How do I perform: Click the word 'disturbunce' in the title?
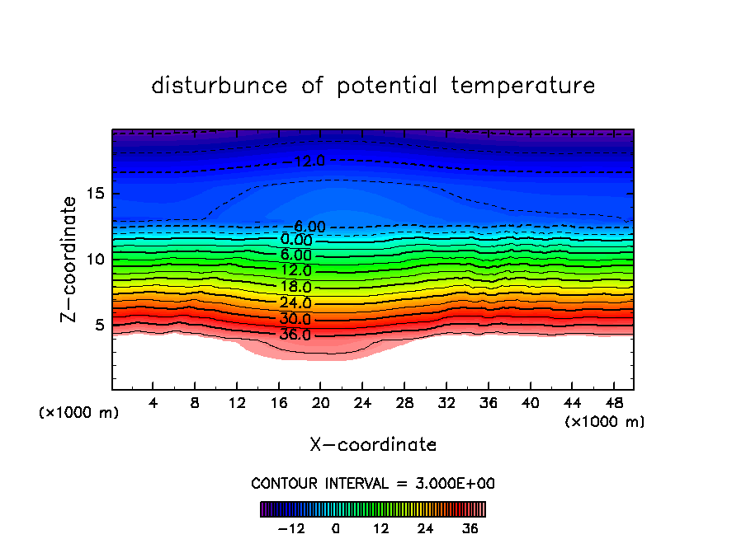[x=220, y=86]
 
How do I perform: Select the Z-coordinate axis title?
[x=69, y=259]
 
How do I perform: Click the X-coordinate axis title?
[x=373, y=445]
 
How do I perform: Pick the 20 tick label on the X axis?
[x=320, y=403]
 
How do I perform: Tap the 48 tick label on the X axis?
[x=612, y=403]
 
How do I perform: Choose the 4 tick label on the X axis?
[x=153, y=403]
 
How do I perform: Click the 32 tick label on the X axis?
[x=446, y=403]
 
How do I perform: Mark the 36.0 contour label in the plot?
[x=295, y=335]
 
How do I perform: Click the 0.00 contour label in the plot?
[x=295, y=240]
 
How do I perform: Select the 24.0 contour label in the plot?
[x=295, y=303]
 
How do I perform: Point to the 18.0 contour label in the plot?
[x=295, y=288]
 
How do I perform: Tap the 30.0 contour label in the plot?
[x=295, y=319]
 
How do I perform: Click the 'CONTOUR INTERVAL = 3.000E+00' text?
[x=373, y=483]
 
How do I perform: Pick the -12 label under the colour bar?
[x=290, y=528]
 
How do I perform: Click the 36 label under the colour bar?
[x=470, y=528]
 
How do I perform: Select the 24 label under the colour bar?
[x=426, y=528]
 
